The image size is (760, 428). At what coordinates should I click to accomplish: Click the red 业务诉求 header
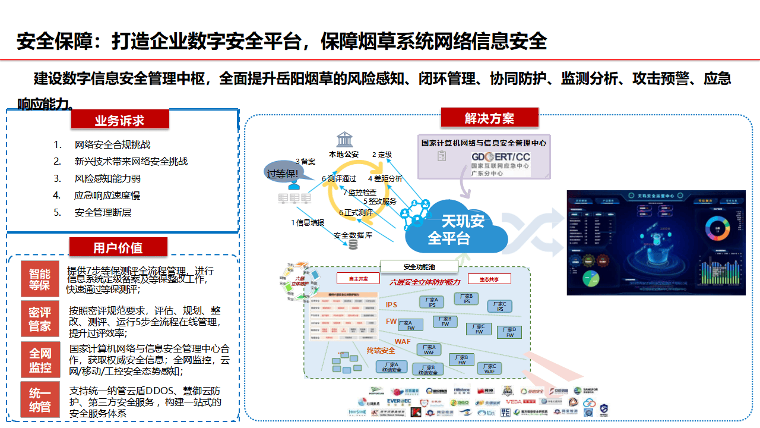pyautogui.click(x=120, y=120)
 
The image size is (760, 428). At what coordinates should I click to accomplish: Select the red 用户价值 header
pyautogui.click(x=118, y=247)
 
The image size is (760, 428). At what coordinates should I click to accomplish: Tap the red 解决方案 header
pyautogui.click(x=489, y=118)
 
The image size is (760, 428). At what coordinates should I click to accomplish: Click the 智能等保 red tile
pyautogui.click(x=40, y=279)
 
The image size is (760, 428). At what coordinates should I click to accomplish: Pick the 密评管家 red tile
pyautogui.click(x=40, y=319)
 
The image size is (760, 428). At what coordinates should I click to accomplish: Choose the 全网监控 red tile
pyautogui.click(x=40, y=360)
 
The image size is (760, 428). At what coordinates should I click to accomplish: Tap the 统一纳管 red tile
pyautogui.click(x=40, y=400)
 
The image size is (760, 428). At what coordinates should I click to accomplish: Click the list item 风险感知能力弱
pyautogui.click(x=107, y=178)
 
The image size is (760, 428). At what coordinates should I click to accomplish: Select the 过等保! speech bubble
pyautogui.click(x=283, y=173)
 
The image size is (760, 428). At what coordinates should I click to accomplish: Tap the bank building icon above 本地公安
pyautogui.click(x=344, y=140)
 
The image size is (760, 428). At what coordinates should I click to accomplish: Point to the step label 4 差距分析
pyautogui.click(x=385, y=178)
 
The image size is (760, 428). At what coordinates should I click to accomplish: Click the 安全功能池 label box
pyautogui.click(x=419, y=266)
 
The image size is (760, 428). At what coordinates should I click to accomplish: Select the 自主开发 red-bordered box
pyautogui.click(x=359, y=278)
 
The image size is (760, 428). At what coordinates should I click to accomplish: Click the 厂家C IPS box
pyautogui.click(x=500, y=306)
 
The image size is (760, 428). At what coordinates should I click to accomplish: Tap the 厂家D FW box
pyautogui.click(x=509, y=332)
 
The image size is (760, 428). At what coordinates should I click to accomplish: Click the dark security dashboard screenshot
pyautogui.click(x=655, y=243)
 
